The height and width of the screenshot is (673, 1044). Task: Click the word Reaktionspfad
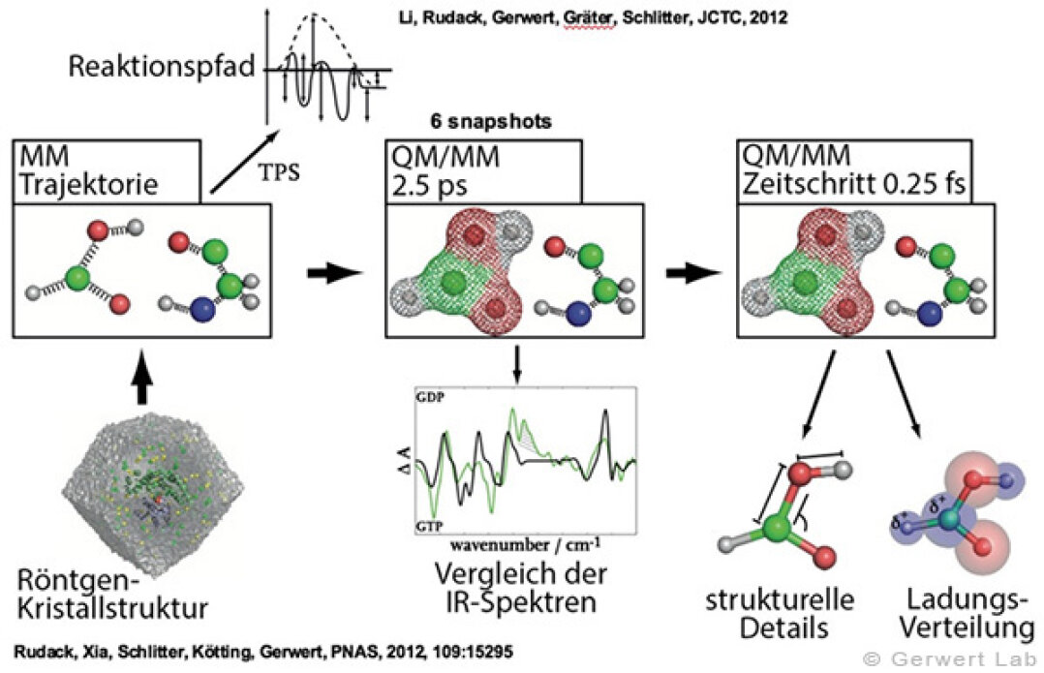pos(162,67)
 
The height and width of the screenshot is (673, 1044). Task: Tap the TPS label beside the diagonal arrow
pos(279,172)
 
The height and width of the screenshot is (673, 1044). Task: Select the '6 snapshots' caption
pos(491,122)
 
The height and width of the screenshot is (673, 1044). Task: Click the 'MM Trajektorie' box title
pos(88,169)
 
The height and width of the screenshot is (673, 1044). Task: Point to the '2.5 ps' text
pos(429,185)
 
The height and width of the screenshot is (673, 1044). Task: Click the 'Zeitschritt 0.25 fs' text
pos(853,184)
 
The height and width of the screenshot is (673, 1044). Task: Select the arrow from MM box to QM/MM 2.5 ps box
pos(335,273)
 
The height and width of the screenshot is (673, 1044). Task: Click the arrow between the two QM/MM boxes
pos(694,273)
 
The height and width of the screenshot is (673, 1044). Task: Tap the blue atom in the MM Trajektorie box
pos(203,310)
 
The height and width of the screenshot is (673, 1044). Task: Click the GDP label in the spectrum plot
pos(430,397)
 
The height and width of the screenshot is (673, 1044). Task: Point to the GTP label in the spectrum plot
pos(429,526)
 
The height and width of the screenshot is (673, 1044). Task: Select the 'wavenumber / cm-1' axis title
pos(525,545)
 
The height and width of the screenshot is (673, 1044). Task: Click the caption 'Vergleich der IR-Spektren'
pos(521,587)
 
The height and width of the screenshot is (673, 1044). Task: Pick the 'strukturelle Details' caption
pos(781,613)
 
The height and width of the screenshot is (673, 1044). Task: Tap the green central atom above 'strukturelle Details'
pos(775,530)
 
